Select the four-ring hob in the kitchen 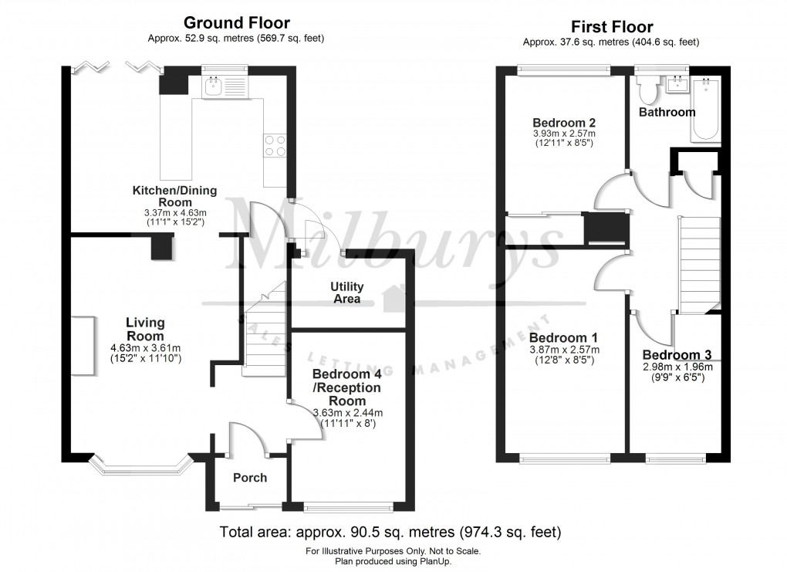274,145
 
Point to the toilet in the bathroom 648,91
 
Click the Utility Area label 347,293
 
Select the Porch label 250,478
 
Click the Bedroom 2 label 563,123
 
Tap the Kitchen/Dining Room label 175,196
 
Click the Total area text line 390,533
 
